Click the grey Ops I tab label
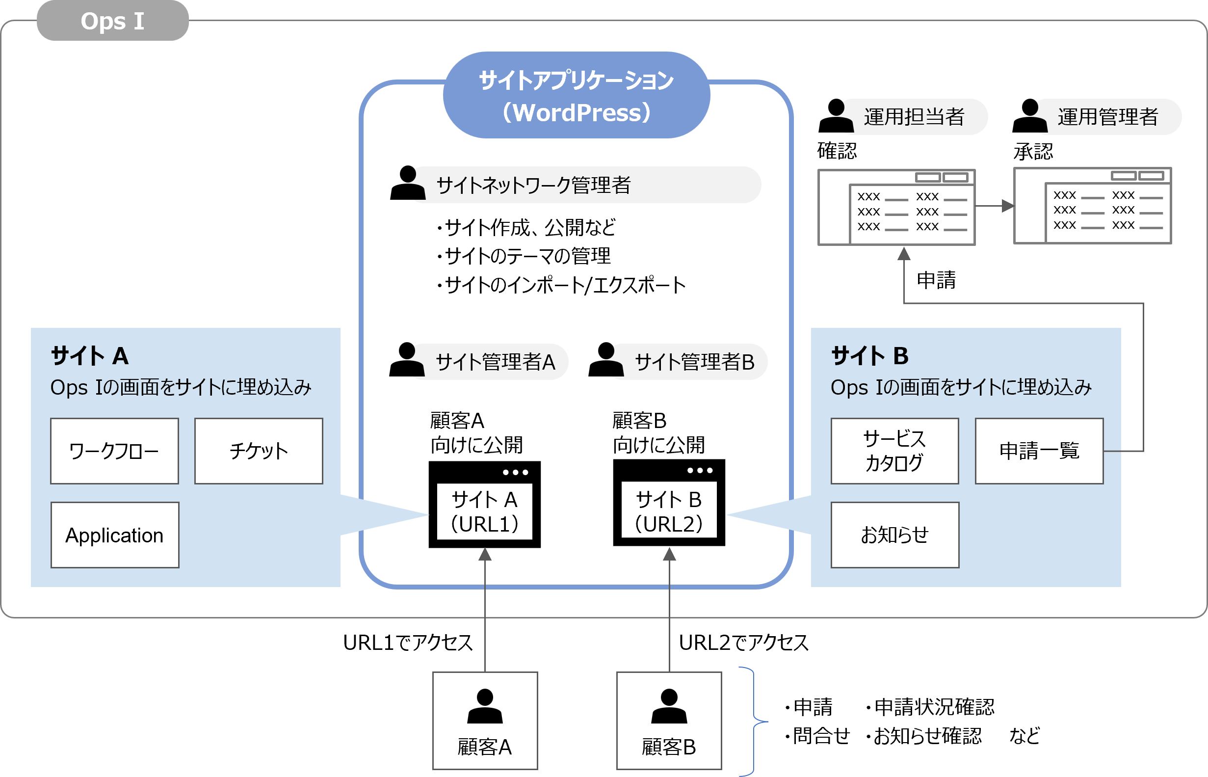click(x=112, y=21)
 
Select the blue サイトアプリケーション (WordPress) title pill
click(x=577, y=96)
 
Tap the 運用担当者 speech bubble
click(x=914, y=117)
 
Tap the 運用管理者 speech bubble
click(x=1107, y=117)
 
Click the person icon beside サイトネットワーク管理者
click(x=408, y=183)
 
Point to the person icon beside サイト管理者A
click(x=407, y=360)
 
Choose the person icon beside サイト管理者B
click(x=606, y=360)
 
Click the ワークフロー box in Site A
click(x=114, y=451)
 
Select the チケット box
click(x=258, y=451)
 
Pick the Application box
click(x=114, y=535)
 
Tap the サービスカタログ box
click(x=894, y=451)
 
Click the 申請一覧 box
click(x=1039, y=451)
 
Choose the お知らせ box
click(x=894, y=535)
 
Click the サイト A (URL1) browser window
click(x=484, y=505)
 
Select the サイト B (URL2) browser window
click(x=669, y=503)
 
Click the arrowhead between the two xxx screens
click(x=1007, y=206)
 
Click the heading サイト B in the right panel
click(x=869, y=356)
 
